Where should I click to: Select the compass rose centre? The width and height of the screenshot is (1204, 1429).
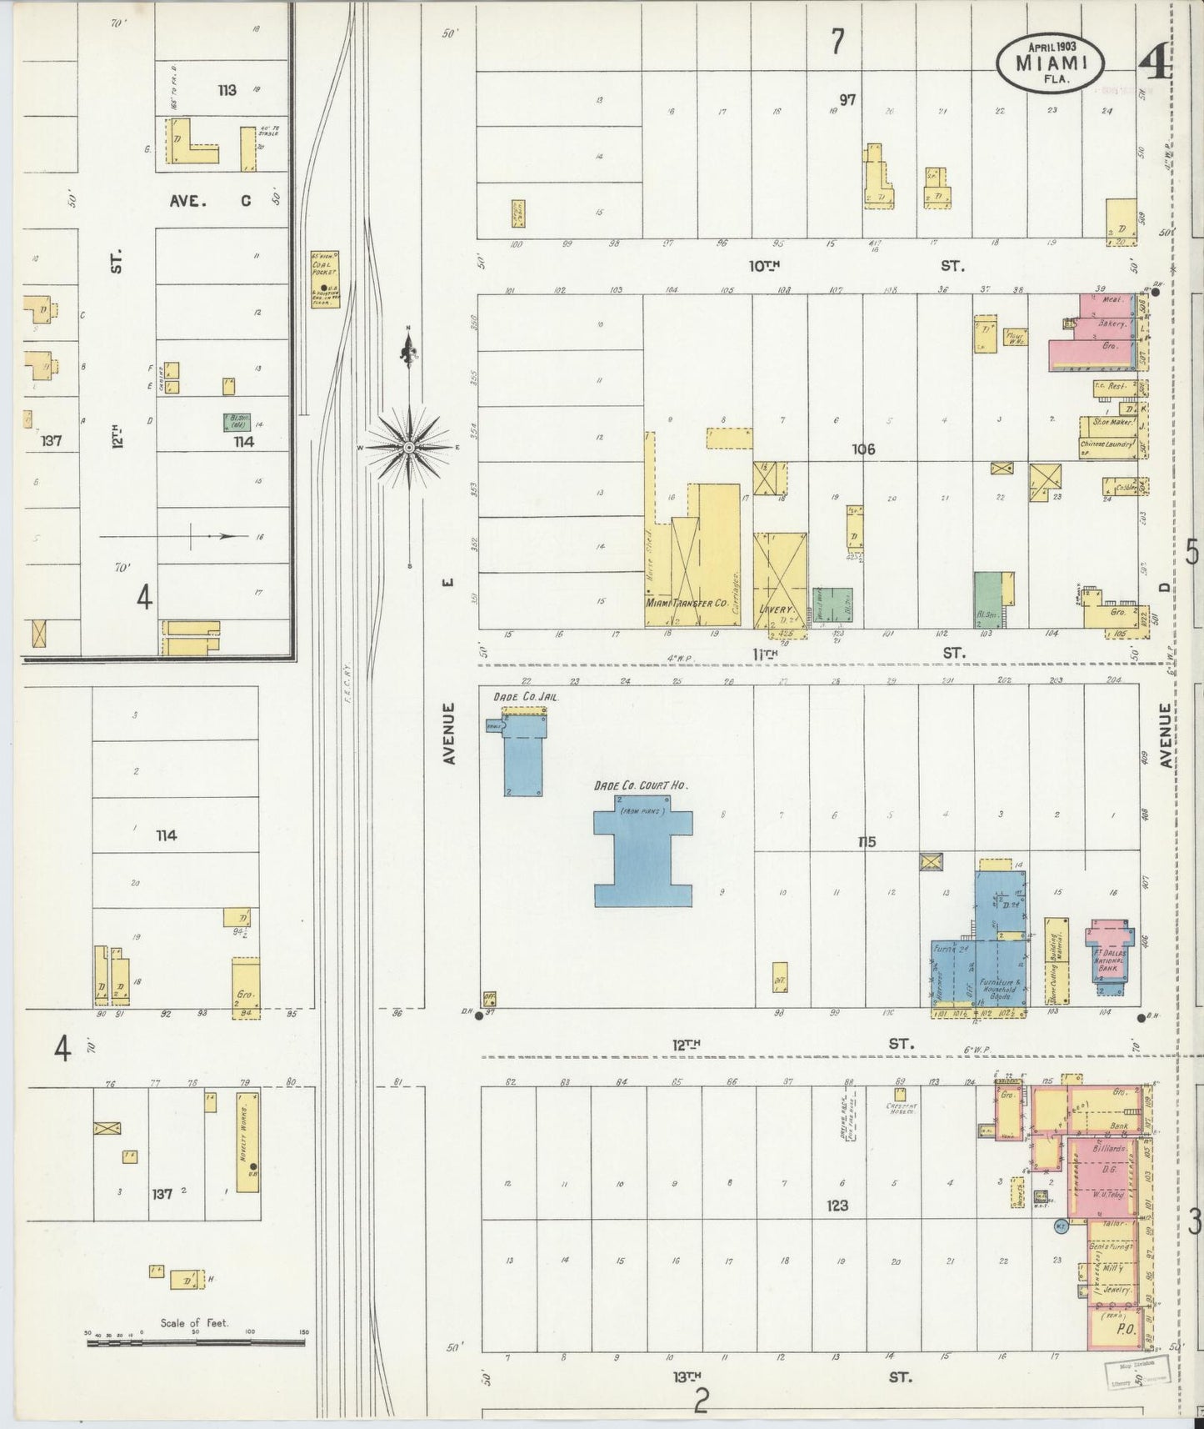tap(409, 448)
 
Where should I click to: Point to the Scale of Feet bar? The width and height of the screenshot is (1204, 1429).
tap(197, 1343)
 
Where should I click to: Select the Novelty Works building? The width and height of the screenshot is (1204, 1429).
tap(247, 1141)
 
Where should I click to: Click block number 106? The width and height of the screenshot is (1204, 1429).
tap(863, 449)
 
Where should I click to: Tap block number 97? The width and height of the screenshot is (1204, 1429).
tap(847, 100)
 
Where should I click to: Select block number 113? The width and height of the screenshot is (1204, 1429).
tap(227, 90)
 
